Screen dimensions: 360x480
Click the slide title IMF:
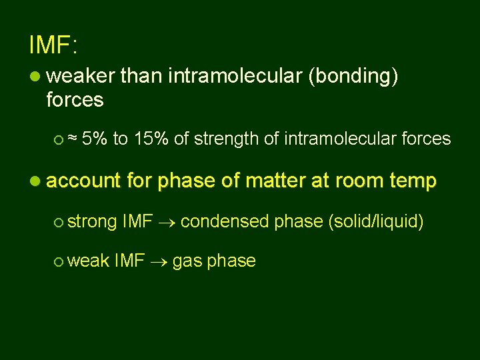tap(53, 45)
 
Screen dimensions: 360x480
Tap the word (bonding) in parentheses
tap(353, 77)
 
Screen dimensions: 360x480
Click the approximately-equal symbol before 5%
tap(74, 139)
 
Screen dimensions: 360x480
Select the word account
tap(83, 181)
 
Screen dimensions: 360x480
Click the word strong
tap(91, 221)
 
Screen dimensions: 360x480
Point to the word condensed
tap(225, 221)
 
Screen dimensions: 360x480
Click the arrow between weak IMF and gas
tap(158, 261)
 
